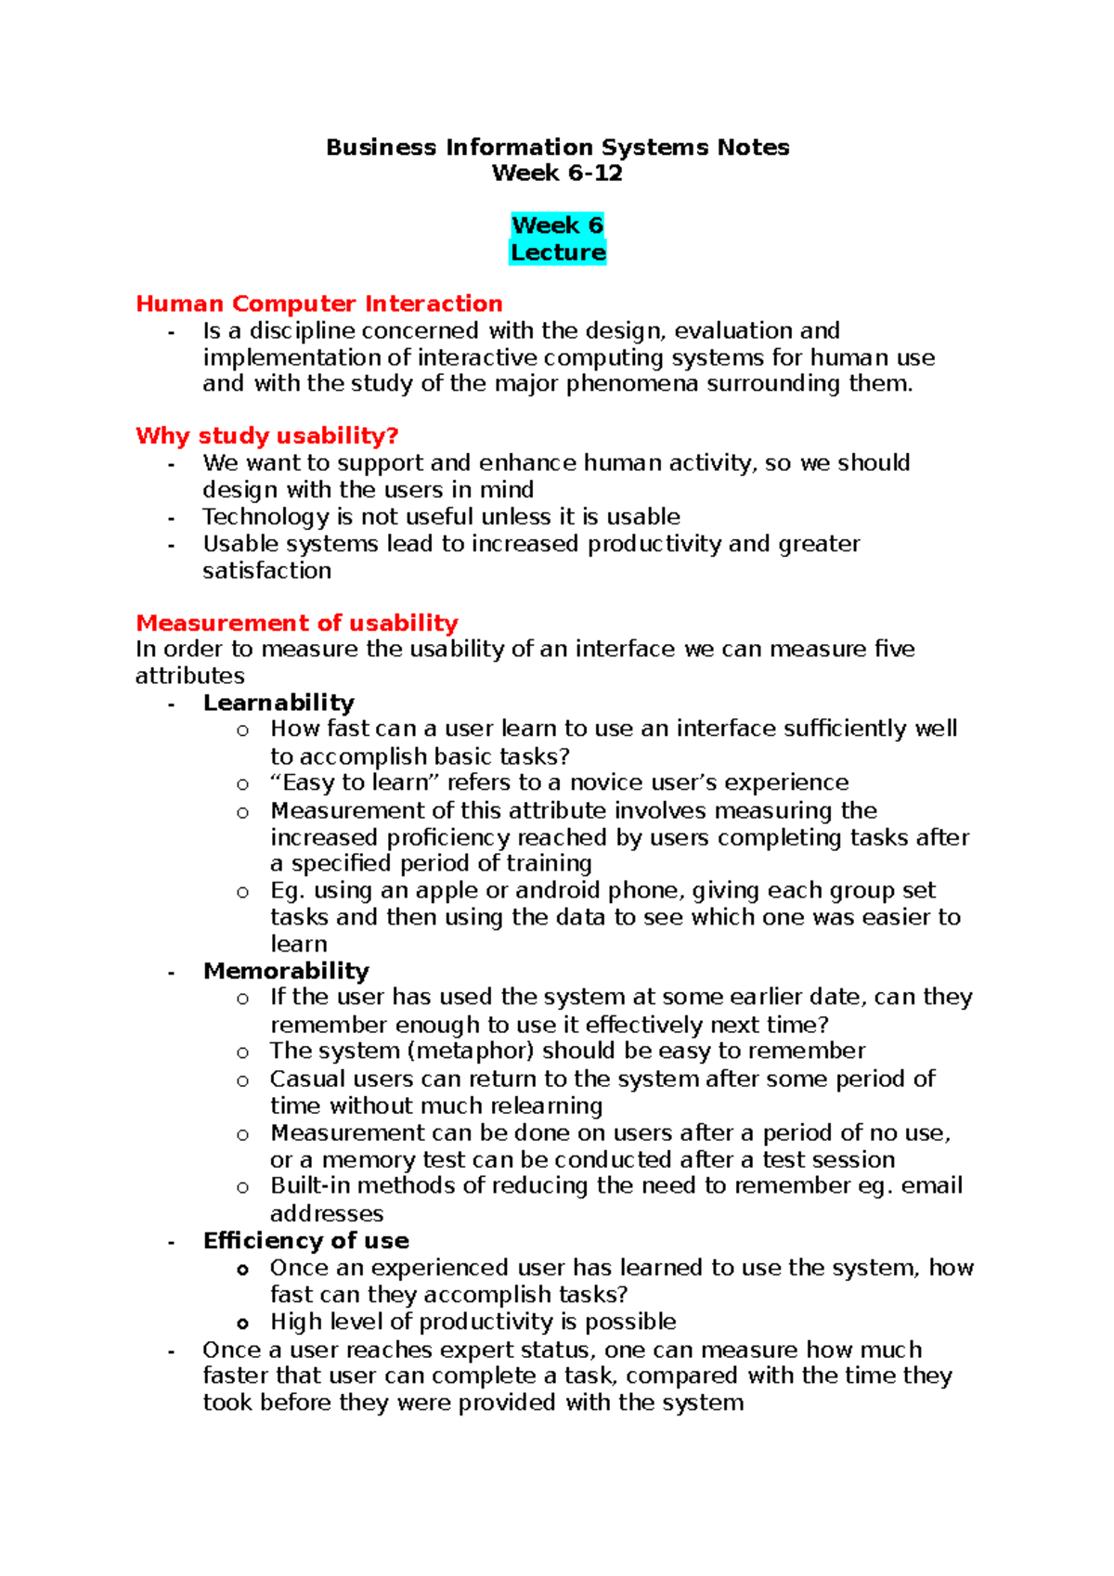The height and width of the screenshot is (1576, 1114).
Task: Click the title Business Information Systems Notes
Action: [x=557, y=148]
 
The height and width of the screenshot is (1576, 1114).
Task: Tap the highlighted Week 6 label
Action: [x=557, y=226]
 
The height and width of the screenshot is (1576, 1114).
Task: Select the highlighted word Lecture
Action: [x=557, y=252]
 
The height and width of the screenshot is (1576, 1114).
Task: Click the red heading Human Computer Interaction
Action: [x=318, y=304]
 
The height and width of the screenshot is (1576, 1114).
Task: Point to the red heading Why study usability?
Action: [x=266, y=435]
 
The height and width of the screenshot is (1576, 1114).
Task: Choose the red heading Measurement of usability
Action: [x=296, y=623]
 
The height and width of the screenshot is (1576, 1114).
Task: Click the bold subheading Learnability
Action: [x=278, y=703]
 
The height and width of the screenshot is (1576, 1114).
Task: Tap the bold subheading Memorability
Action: [x=286, y=971]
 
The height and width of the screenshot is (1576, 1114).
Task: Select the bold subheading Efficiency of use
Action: [x=305, y=1241]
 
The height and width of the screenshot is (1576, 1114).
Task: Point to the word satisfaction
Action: [x=266, y=571]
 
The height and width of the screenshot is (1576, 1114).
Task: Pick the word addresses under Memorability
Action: [x=326, y=1214]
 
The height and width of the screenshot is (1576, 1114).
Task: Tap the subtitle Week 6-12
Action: [x=557, y=174]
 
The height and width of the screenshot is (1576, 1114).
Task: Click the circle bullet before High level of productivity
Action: [x=243, y=1324]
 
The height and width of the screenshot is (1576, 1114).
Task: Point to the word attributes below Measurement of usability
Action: [x=189, y=677]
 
